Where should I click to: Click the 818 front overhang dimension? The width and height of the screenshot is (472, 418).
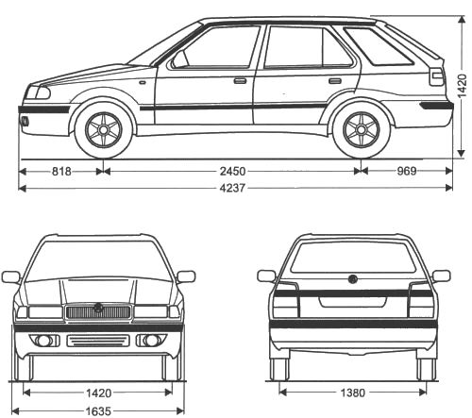click(61, 172)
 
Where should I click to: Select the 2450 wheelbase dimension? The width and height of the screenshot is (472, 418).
click(232, 172)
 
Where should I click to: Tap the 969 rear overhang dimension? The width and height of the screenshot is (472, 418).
click(407, 171)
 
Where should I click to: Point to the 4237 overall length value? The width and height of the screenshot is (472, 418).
click(232, 188)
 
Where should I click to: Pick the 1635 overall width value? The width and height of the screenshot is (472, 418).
click(98, 411)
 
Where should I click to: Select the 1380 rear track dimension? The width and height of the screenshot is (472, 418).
click(353, 393)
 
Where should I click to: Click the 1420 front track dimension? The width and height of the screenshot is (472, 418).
click(98, 393)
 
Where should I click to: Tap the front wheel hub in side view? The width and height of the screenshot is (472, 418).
click(103, 129)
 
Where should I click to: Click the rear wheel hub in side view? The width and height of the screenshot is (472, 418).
click(362, 129)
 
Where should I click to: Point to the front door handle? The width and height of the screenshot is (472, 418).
click(240, 81)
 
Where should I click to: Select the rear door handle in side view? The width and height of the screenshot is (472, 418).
click(335, 81)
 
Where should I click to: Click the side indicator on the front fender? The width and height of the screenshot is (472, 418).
click(143, 82)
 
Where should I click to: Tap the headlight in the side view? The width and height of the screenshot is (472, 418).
click(39, 92)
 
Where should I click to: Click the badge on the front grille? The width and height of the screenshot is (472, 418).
click(98, 308)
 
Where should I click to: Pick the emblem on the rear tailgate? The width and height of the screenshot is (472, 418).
click(353, 279)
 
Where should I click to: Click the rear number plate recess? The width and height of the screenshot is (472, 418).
click(353, 302)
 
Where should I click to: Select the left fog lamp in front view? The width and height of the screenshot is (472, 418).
click(44, 341)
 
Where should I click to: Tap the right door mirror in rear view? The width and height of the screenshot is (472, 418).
click(441, 276)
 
